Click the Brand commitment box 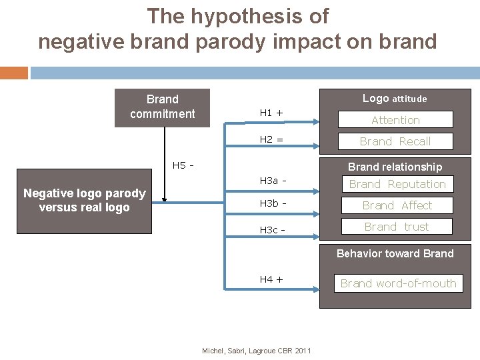pyautogui.click(x=163, y=107)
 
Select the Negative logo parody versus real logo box pyautogui.click(x=84, y=200)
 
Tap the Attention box pyautogui.click(x=395, y=120)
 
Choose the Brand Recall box pyautogui.click(x=395, y=141)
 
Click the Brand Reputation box pyautogui.click(x=397, y=184)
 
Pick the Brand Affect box pyautogui.click(x=397, y=205)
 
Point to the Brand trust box pyautogui.click(x=397, y=227)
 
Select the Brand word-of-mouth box pyautogui.click(x=398, y=283)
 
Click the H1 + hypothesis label pyautogui.click(x=271, y=113)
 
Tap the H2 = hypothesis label pyautogui.click(x=271, y=139)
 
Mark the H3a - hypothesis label pyautogui.click(x=273, y=181)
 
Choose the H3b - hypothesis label pyautogui.click(x=273, y=203)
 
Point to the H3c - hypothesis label pyautogui.click(x=273, y=229)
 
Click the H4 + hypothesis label pyautogui.click(x=271, y=279)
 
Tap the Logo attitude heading pyautogui.click(x=395, y=99)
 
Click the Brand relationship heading pyautogui.click(x=395, y=167)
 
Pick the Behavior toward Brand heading pyautogui.click(x=395, y=253)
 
